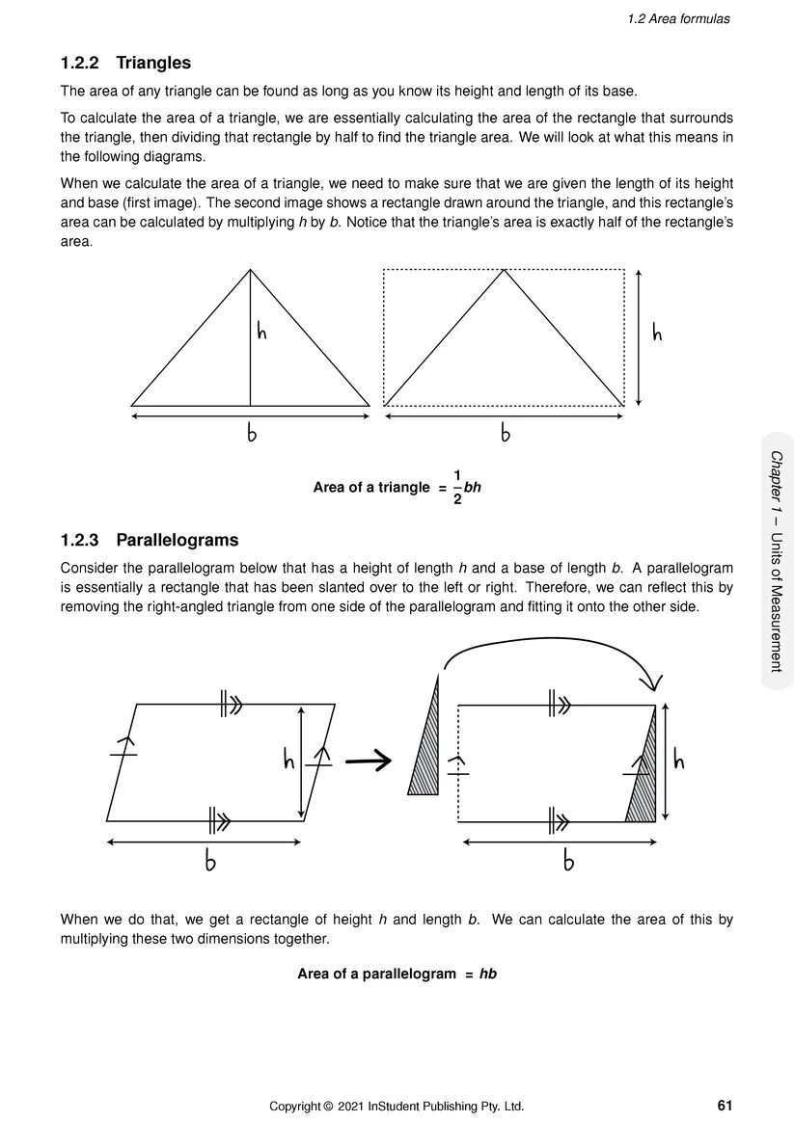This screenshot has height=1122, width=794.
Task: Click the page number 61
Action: (x=726, y=1105)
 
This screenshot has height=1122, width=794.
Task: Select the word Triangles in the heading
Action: (x=153, y=64)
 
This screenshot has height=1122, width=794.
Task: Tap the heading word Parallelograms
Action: (x=177, y=540)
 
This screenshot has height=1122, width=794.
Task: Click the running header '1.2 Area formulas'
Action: (x=679, y=18)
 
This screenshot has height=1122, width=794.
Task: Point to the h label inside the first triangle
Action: (x=261, y=333)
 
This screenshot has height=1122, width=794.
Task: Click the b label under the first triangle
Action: (x=252, y=435)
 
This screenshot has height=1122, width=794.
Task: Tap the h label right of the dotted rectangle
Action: (x=657, y=334)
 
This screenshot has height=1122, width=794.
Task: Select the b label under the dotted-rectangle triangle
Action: (x=505, y=435)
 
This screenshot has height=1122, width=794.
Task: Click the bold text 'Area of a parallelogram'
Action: (x=376, y=974)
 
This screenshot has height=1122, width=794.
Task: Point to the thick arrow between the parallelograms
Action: (x=368, y=761)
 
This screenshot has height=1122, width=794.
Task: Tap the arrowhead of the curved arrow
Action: (x=653, y=682)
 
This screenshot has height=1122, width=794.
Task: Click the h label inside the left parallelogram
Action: (x=288, y=761)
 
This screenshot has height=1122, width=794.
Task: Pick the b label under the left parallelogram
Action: (x=209, y=862)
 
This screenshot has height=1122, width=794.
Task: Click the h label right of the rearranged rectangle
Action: (x=678, y=761)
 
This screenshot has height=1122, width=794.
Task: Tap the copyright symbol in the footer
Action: (x=328, y=1106)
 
